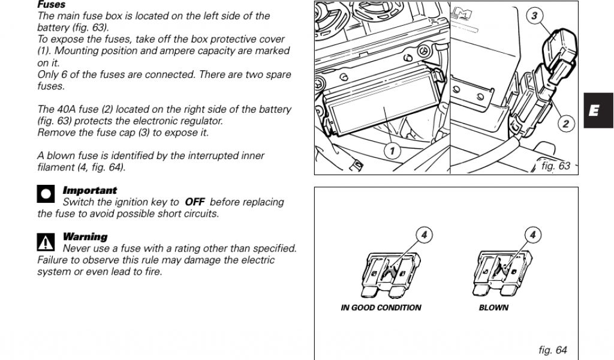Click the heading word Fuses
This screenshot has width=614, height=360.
(52, 5)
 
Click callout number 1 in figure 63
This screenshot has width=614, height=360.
(392, 151)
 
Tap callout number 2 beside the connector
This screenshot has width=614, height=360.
(564, 124)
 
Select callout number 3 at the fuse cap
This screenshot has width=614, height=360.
(534, 16)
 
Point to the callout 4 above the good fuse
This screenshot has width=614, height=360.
(424, 235)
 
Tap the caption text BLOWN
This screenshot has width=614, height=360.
(493, 308)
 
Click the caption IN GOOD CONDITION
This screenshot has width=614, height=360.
(381, 308)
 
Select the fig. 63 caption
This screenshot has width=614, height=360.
(555, 166)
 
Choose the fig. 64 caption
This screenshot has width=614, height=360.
(552, 350)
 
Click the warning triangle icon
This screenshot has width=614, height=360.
(46, 242)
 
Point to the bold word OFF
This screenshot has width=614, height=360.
(194, 202)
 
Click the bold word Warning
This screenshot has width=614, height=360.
(85, 237)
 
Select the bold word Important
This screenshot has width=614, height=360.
(90, 191)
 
